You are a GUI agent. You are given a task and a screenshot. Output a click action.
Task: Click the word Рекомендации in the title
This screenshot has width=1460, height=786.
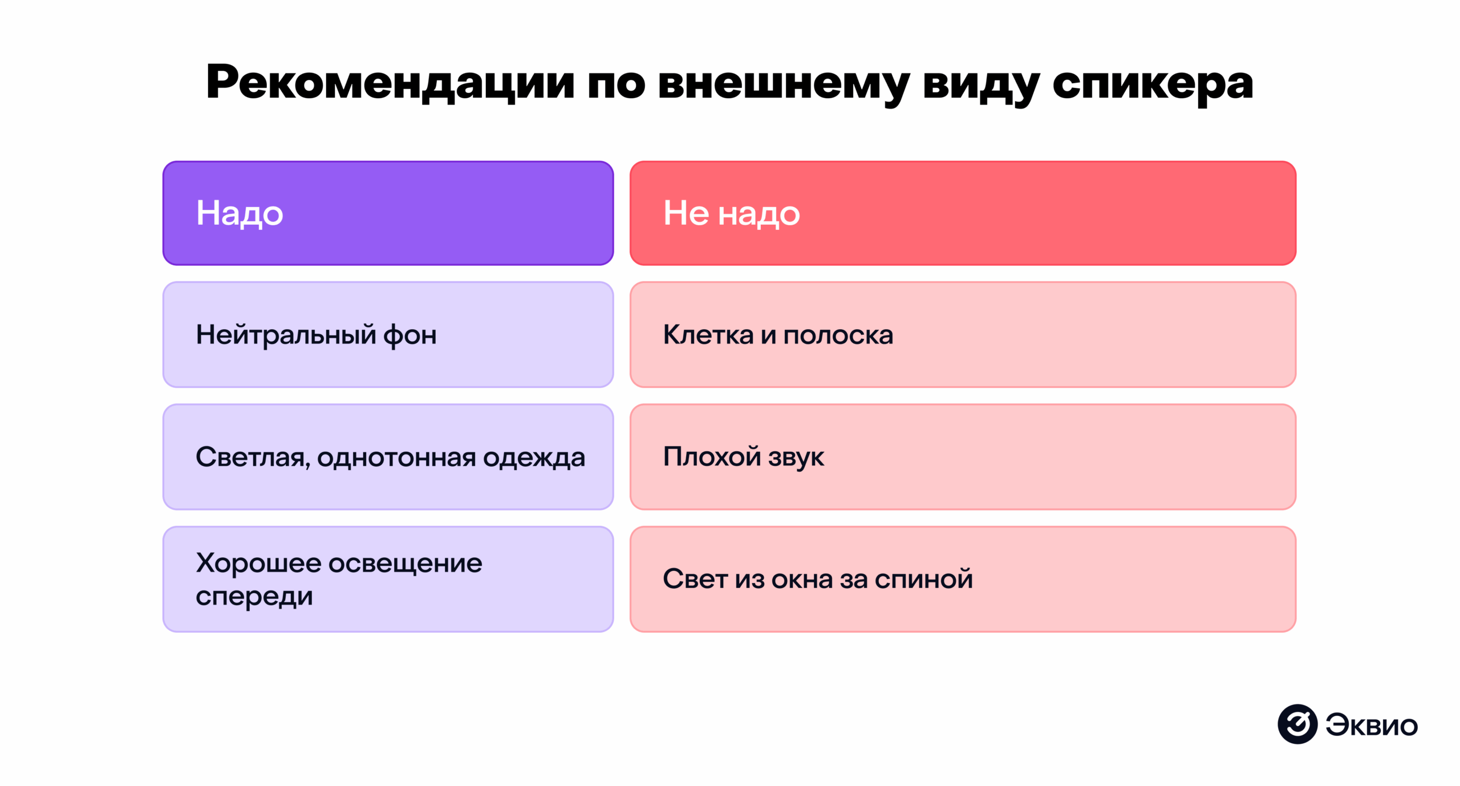coord(390,83)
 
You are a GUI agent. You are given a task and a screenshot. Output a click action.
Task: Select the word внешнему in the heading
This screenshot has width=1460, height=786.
coord(784,83)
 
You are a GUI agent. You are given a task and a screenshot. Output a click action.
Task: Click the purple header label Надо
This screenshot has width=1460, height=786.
coord(240,213)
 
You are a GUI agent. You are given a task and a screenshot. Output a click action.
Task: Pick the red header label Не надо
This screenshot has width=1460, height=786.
coord(731,213)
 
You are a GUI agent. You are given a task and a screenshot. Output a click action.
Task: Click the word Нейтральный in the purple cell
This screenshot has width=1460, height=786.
coord(286,335)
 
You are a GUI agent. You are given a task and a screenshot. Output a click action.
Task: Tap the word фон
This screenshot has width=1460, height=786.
coord(409,335)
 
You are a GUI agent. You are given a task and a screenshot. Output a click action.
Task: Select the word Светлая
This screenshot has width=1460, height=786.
coord(253,457)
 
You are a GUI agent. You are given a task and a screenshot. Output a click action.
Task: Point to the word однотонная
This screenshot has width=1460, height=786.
coord(396,457)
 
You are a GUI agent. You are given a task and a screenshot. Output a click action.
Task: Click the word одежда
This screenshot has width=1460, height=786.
coord(534,457)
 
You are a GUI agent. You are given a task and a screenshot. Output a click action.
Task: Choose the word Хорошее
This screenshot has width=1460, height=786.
coord(258,563)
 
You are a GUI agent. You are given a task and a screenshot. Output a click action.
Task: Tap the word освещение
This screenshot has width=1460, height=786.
coord(405,563)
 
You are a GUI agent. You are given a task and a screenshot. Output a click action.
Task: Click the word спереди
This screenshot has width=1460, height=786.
coord(254,596)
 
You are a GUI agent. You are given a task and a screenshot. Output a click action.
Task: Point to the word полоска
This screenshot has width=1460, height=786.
coord(838,335)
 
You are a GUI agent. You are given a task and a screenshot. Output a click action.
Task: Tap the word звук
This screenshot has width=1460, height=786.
coord(796,457)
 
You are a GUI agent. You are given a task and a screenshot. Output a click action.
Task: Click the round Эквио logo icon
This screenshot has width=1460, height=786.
coord(1297,724)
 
